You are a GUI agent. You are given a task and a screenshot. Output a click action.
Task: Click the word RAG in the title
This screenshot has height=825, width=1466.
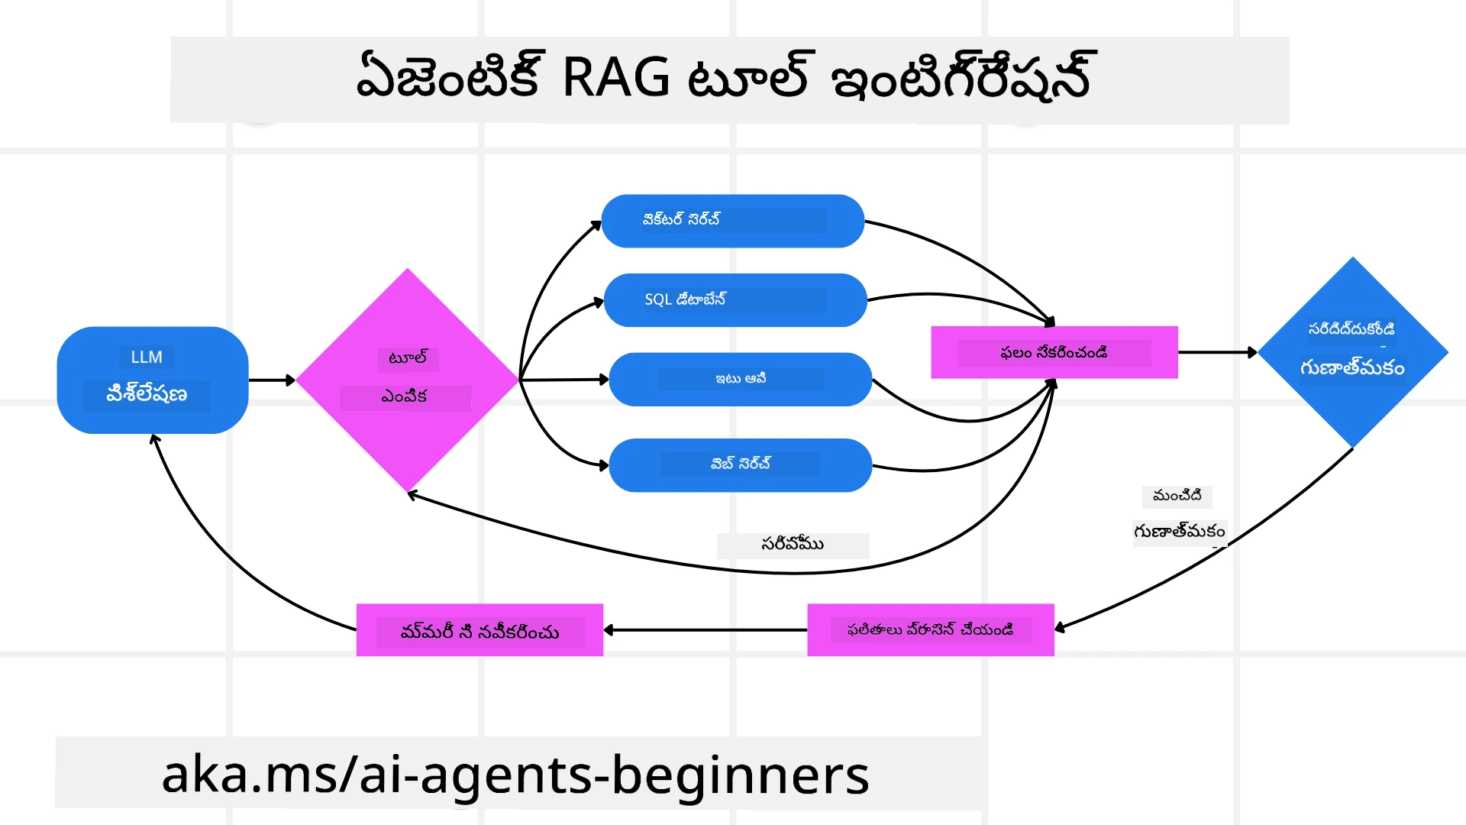[x=615, y=78]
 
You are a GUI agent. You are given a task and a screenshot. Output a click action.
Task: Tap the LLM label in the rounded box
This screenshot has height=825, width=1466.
[x=147, y=357]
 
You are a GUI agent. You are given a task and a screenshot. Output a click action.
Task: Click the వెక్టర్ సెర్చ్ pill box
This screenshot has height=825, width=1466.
[x=732, y=221]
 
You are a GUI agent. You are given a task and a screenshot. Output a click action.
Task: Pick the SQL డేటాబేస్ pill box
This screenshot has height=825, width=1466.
[x=735, y=299]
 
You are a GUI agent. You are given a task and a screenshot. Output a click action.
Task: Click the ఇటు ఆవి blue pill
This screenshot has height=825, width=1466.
[x=740, y=379]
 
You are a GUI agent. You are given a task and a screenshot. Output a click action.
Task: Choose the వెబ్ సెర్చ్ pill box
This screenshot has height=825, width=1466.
[x=740, y=464]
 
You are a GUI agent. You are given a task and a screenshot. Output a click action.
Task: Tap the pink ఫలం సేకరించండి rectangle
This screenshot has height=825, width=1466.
[x=1054, y=352]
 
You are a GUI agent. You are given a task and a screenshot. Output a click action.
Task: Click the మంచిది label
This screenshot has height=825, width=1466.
[x=1177, y=496]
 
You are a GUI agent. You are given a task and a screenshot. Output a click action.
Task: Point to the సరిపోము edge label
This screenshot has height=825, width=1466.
[x=793, y=545]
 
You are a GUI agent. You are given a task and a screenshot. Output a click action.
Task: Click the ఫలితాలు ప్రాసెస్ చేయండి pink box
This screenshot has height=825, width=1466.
[x=930, y=630]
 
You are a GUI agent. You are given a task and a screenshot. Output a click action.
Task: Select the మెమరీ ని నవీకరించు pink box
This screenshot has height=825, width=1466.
[x=480, y=631]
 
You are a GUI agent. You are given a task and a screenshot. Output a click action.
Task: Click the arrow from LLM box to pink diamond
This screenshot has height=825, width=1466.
[x=271, y=380]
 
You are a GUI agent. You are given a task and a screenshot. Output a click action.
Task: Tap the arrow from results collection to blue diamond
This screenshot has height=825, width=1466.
[x=1216, y=352]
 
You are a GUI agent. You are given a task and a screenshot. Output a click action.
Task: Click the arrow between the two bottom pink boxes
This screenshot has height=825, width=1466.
[x=706, y=630]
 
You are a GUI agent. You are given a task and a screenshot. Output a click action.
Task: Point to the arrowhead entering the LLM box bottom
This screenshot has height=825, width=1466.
[x=155, y=440]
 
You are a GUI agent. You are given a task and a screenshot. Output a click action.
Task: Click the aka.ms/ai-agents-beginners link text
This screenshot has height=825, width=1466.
[x=515, y=775]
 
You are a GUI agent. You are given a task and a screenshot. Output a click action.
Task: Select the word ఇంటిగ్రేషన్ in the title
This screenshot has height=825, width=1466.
[x=962, y=78]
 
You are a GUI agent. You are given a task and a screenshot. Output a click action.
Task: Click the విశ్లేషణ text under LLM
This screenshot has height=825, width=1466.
[x=147, y=395]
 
